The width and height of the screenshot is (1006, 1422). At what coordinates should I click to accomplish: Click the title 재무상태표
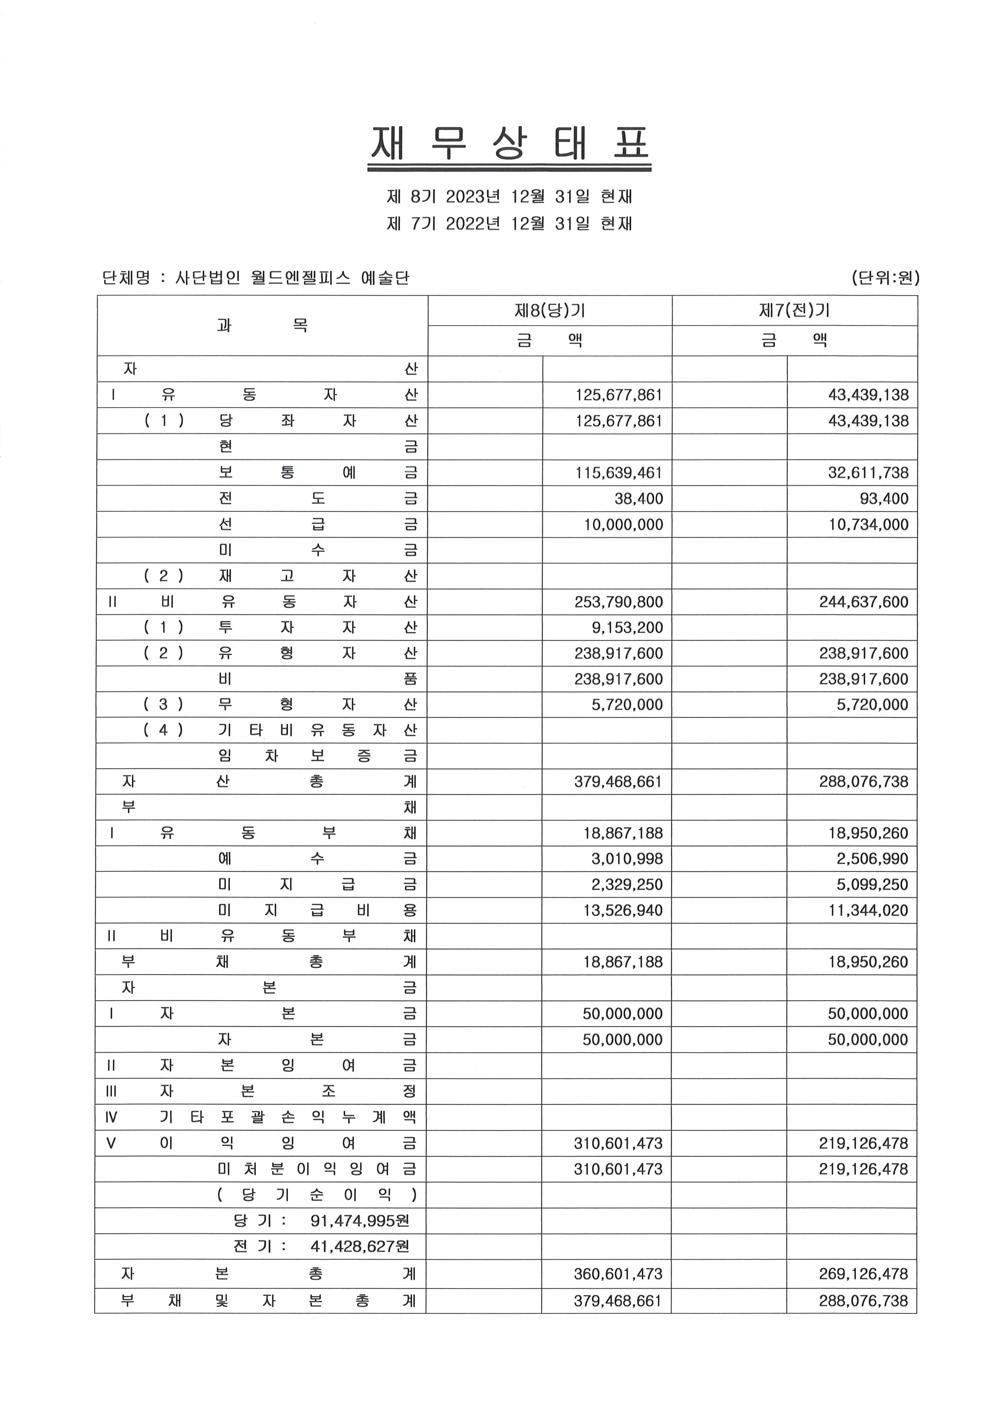pos(509,144)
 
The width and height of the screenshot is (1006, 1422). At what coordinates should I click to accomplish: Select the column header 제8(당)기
pos(550,310)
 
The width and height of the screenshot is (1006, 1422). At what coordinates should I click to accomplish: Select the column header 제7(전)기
pos(794,310)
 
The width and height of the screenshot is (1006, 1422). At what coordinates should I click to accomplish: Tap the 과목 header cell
pos(262,325)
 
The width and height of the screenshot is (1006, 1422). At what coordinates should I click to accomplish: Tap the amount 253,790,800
pos(619,602)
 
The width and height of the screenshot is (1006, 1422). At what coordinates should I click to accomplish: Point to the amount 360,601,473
pos(618,1274)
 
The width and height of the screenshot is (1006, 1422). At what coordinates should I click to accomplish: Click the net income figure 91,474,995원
pos(359,1221)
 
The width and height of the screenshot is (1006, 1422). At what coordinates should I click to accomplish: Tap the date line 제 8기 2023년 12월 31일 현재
pos(509,197)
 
